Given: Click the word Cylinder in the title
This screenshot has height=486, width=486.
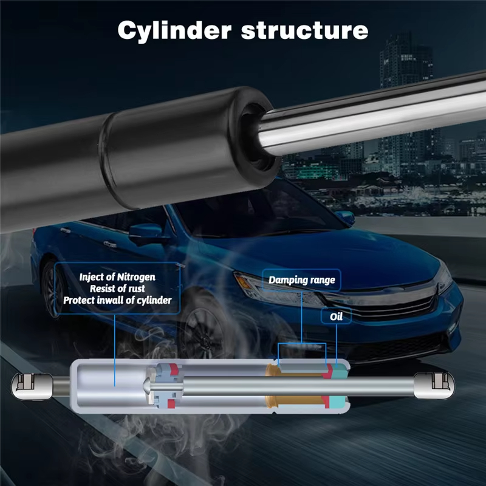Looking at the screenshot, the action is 174,31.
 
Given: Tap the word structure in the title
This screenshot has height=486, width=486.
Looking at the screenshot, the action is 305,30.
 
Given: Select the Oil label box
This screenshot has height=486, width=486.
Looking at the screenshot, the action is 336,317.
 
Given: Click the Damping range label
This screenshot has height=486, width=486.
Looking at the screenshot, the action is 301,280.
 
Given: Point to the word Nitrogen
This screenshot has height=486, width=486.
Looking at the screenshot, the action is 136,277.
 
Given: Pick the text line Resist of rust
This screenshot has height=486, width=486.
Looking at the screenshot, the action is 117,289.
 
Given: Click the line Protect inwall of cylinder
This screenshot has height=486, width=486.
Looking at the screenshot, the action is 117,300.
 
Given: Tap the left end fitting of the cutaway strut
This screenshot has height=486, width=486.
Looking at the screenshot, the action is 32,386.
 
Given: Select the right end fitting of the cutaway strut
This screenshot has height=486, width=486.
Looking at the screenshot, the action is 434,386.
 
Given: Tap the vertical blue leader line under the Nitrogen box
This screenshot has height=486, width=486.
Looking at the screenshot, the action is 115,351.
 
